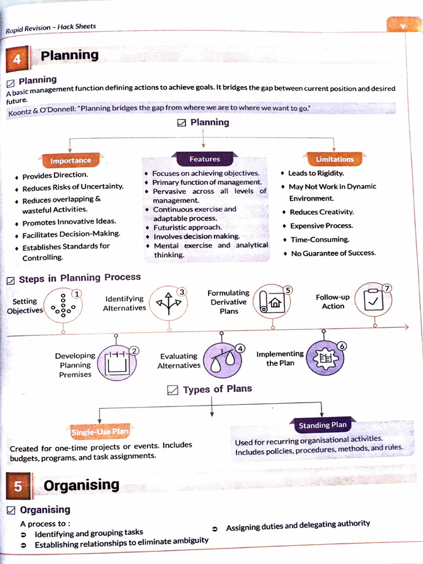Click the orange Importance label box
(70, 160)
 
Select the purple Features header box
(204, 159)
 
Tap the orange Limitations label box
(334, 159)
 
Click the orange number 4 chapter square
(17, 59)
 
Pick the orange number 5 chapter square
(18, 486)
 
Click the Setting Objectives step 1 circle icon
(63, 305)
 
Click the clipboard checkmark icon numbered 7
(374, 299)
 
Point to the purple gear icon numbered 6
(324, 358)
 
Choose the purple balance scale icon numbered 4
(222, 360)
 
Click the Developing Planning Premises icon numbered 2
(117, 363)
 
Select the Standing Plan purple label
(323, 425)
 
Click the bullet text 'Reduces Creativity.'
(322, 212)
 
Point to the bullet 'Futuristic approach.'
(187, 227)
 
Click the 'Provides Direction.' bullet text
(55, 176)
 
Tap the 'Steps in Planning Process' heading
(80, 278)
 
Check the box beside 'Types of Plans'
(172, 391)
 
